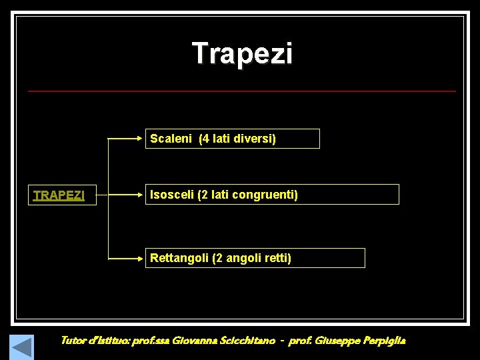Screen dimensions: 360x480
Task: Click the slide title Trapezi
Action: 242,53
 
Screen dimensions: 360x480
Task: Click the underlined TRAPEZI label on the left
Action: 59,195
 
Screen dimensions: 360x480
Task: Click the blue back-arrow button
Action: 21,347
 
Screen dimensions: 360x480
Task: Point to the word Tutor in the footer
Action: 73,341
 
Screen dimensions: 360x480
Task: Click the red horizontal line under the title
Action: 242,91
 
